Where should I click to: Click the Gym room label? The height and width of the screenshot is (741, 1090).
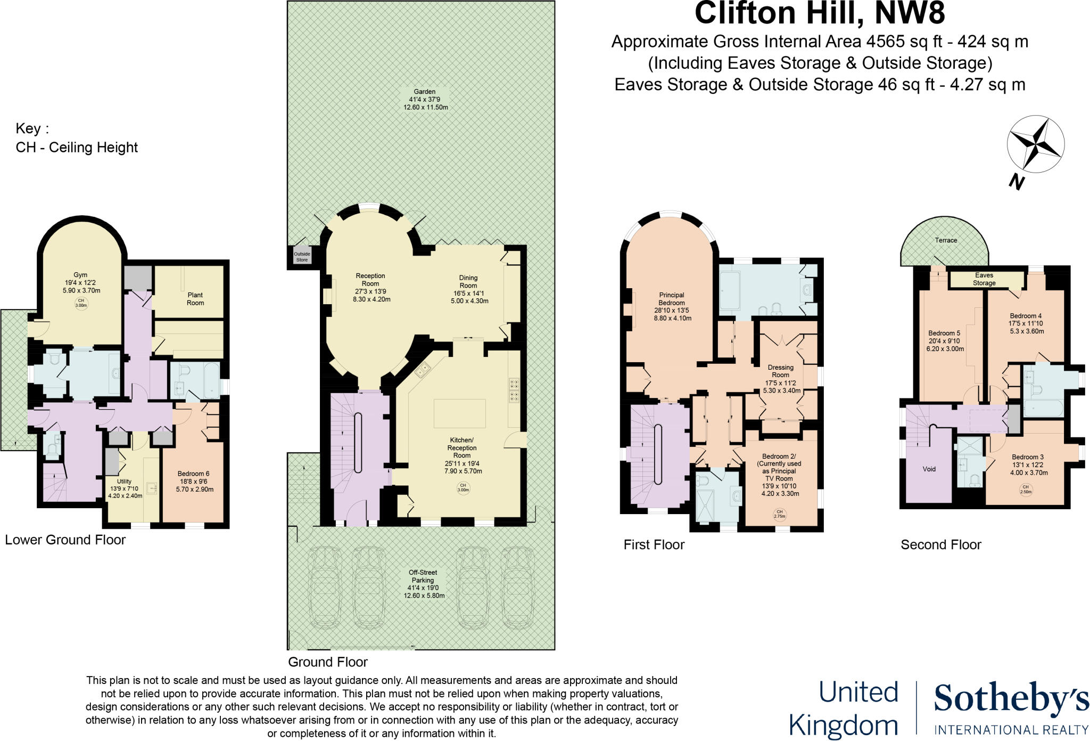click(81, 275)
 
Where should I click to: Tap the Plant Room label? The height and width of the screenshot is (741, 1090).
click(195, 299)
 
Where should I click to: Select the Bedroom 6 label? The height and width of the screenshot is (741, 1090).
click(193, 474)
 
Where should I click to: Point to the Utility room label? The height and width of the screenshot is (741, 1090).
click(124, 482)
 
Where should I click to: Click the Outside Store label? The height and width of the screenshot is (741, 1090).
click(302, 257)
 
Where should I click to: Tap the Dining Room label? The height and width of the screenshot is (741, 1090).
click(468, 281)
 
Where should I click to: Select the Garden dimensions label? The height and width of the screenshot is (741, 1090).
click(425, 100)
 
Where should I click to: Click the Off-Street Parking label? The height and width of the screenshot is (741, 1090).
click(423, 576)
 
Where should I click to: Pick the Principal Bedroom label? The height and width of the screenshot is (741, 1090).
click(672, 299)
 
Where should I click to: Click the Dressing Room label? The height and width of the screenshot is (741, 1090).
click(781, 371)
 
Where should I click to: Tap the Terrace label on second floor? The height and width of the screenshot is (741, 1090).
click(946, 240)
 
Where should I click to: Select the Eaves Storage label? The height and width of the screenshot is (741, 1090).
click(984, 279)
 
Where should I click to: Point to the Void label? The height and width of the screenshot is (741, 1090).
click(929, 469)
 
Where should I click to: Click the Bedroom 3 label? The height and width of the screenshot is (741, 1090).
click(1028, 457)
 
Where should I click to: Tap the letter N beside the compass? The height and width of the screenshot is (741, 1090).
click(1017, 183)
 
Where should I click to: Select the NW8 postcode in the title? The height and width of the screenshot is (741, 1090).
click(910, 13)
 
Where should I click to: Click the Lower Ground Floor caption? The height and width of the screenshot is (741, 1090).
click(65, 540)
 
